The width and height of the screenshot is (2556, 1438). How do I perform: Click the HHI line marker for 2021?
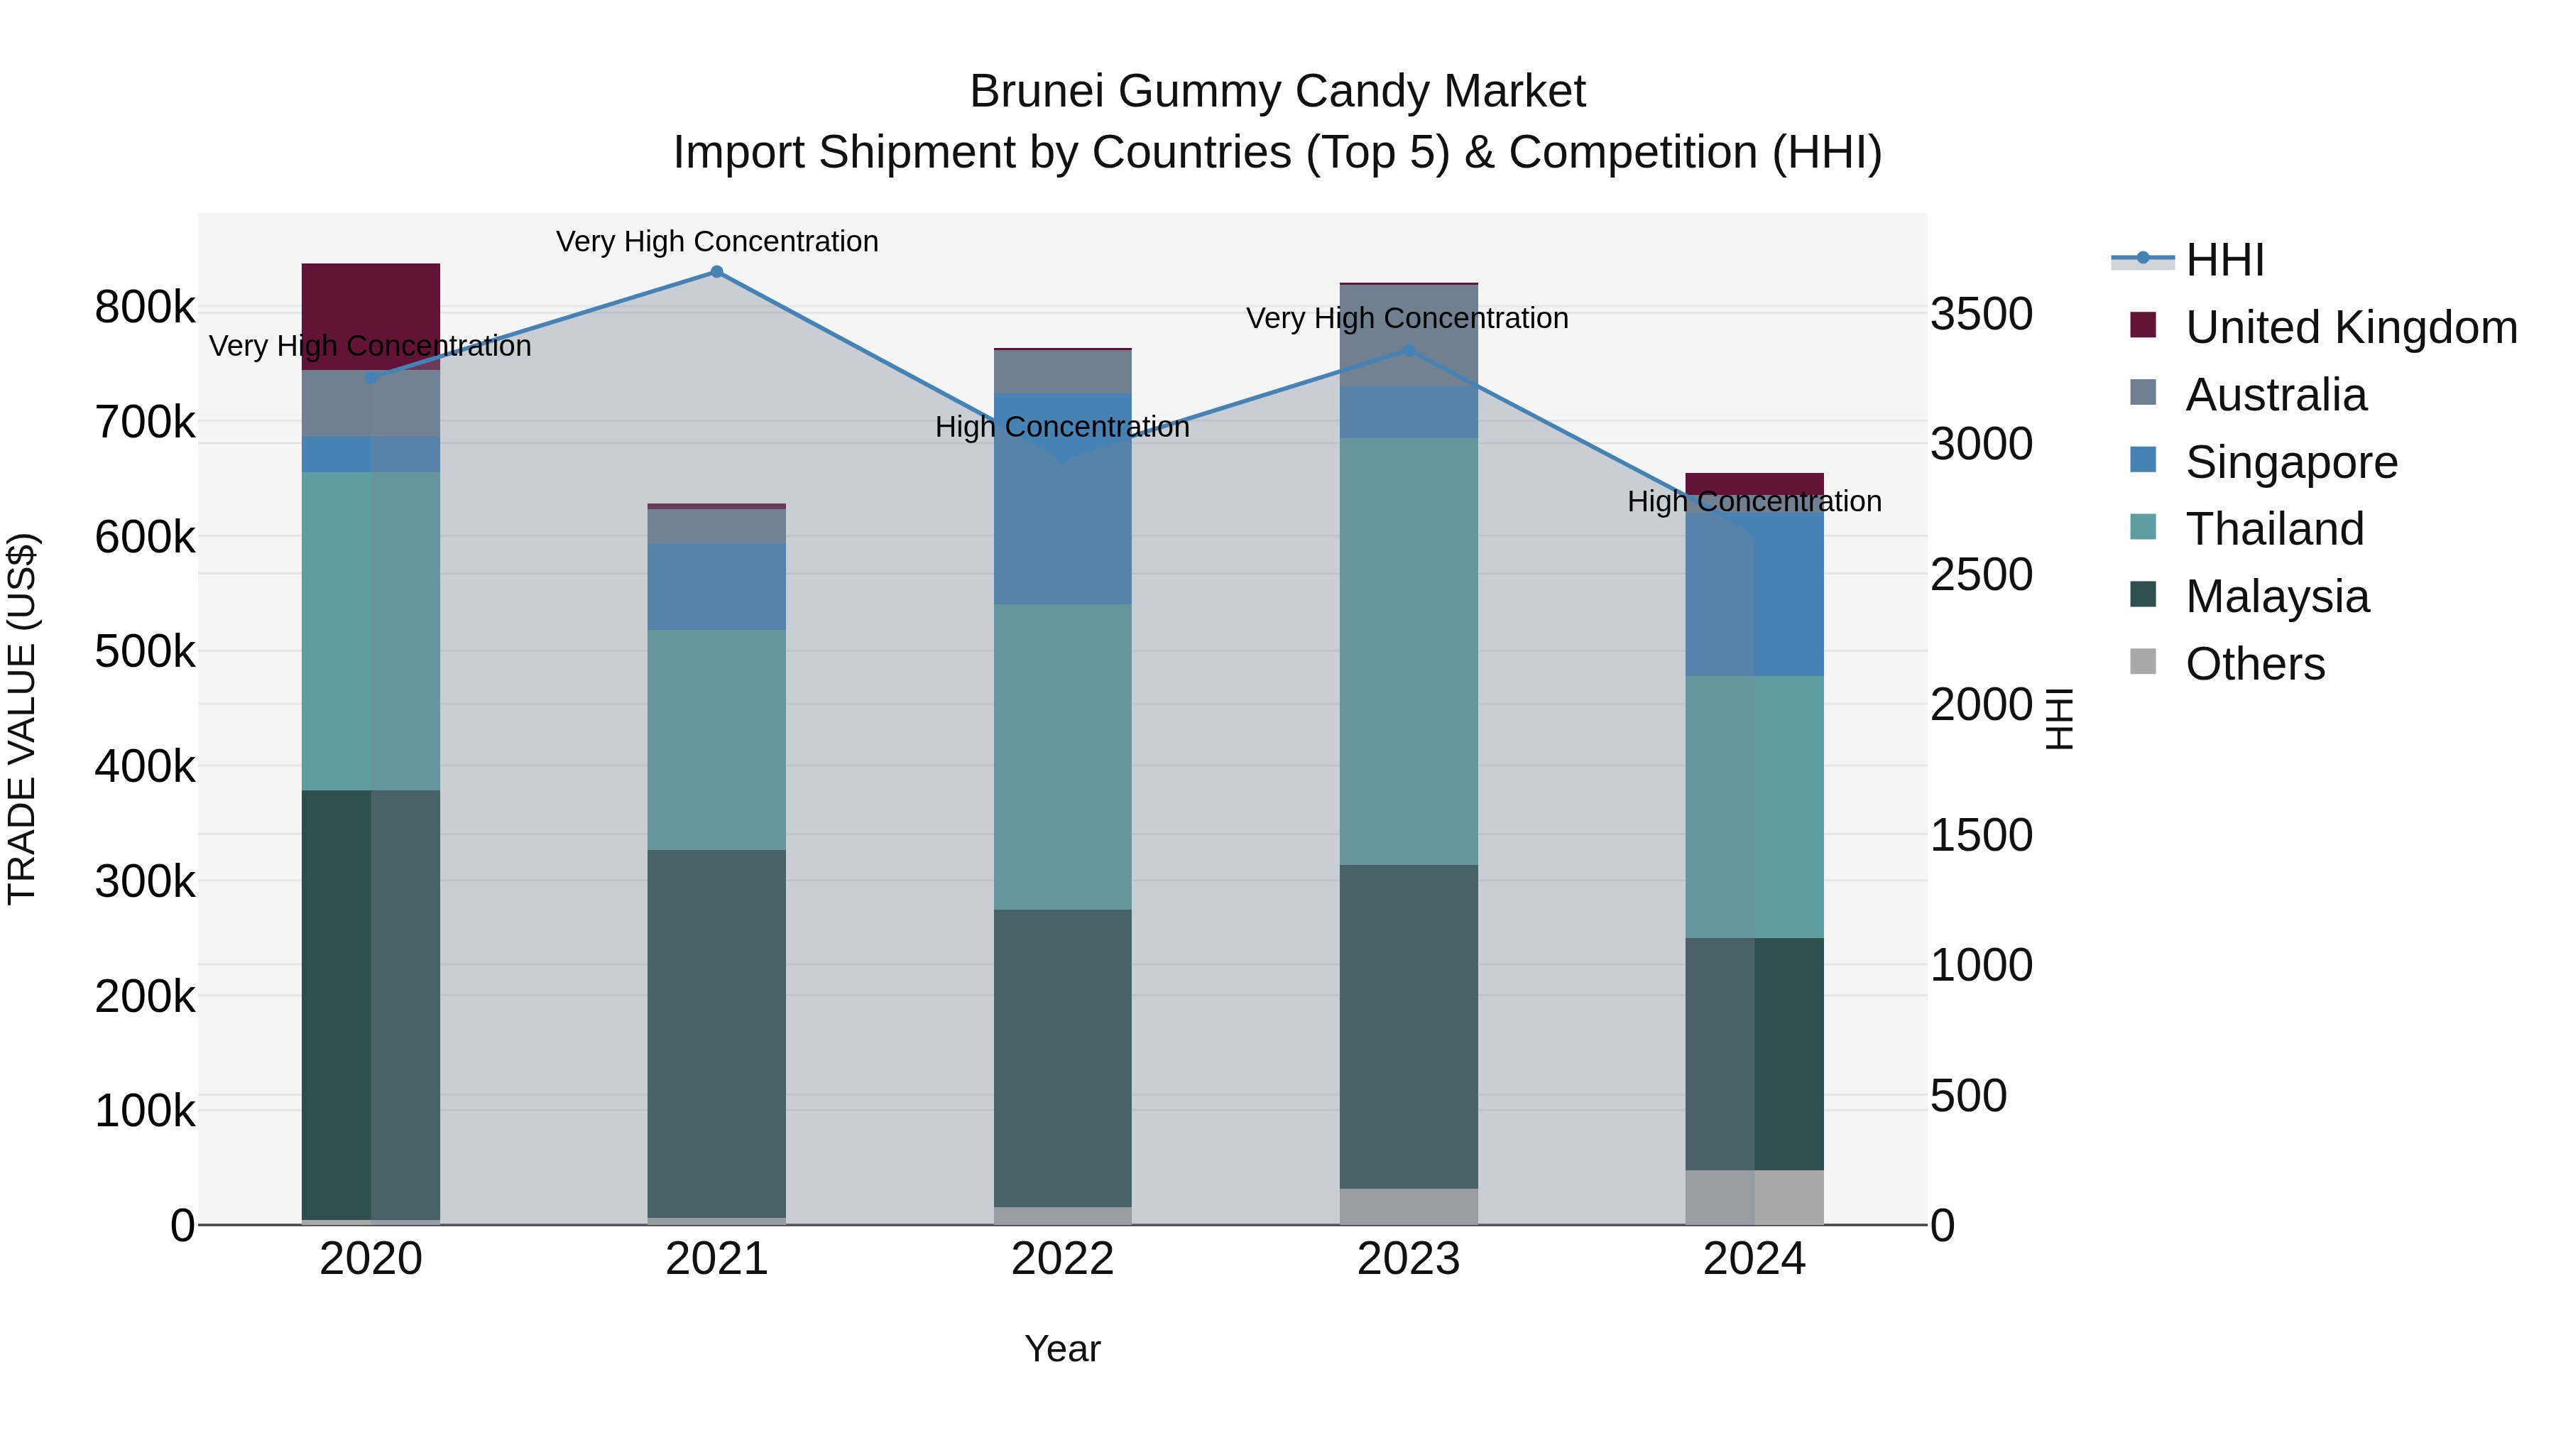(716, 272)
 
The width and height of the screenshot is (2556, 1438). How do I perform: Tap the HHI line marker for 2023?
(1408, 350)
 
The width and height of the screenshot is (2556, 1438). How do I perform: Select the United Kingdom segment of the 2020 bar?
(370, 315)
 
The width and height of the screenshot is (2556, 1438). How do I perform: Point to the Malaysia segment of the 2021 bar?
(716, 1032)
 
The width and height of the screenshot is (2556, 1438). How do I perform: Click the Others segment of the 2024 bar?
(1754, 1197)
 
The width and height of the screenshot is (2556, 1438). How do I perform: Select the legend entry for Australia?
(2276, 395)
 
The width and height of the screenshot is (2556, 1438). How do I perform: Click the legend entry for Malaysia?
(2276, 597)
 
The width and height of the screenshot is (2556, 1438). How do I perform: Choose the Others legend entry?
(2254, 664)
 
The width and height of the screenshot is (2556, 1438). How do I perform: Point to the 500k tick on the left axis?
(145, 652)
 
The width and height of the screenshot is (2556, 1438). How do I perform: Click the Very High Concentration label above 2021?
(716, 241)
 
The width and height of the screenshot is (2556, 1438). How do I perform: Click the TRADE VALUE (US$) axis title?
(22, 719)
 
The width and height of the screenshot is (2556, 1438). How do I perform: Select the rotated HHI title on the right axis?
(2060, 719)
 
